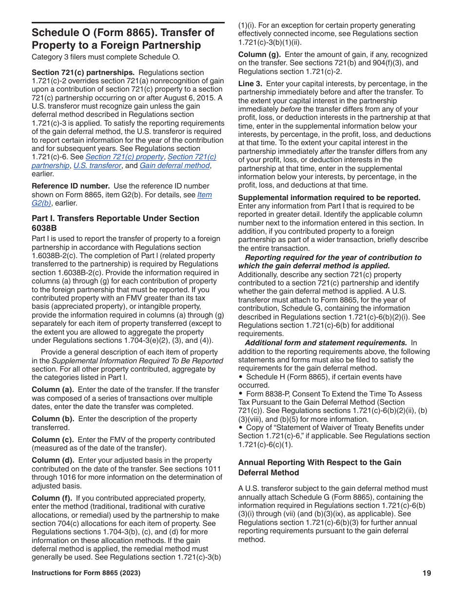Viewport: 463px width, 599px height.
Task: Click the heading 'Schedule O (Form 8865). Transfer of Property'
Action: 123,39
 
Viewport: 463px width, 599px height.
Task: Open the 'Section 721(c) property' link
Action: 124,157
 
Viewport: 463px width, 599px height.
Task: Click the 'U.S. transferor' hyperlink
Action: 97,166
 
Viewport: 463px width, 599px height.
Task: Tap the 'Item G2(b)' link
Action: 204,195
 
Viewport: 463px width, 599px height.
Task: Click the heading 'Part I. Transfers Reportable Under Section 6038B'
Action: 115,223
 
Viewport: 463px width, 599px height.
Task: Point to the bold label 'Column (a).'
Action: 53,390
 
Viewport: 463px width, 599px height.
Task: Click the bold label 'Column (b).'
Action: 53,419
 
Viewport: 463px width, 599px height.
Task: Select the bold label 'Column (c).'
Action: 53,440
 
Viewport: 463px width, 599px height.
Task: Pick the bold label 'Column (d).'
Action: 53,460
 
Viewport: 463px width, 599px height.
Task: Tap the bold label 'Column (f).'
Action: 52,498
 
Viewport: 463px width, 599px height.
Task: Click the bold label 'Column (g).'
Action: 259,54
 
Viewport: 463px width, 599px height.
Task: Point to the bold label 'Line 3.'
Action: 250,84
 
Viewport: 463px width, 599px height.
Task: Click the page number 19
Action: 427,573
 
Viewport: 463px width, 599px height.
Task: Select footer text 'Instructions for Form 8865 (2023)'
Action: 86,573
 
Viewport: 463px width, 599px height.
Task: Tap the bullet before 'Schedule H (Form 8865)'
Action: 241,377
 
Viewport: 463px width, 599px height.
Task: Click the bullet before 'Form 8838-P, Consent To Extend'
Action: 241,394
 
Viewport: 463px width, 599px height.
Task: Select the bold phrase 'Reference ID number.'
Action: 70,186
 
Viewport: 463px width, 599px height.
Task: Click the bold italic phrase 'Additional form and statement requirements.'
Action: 326,343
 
